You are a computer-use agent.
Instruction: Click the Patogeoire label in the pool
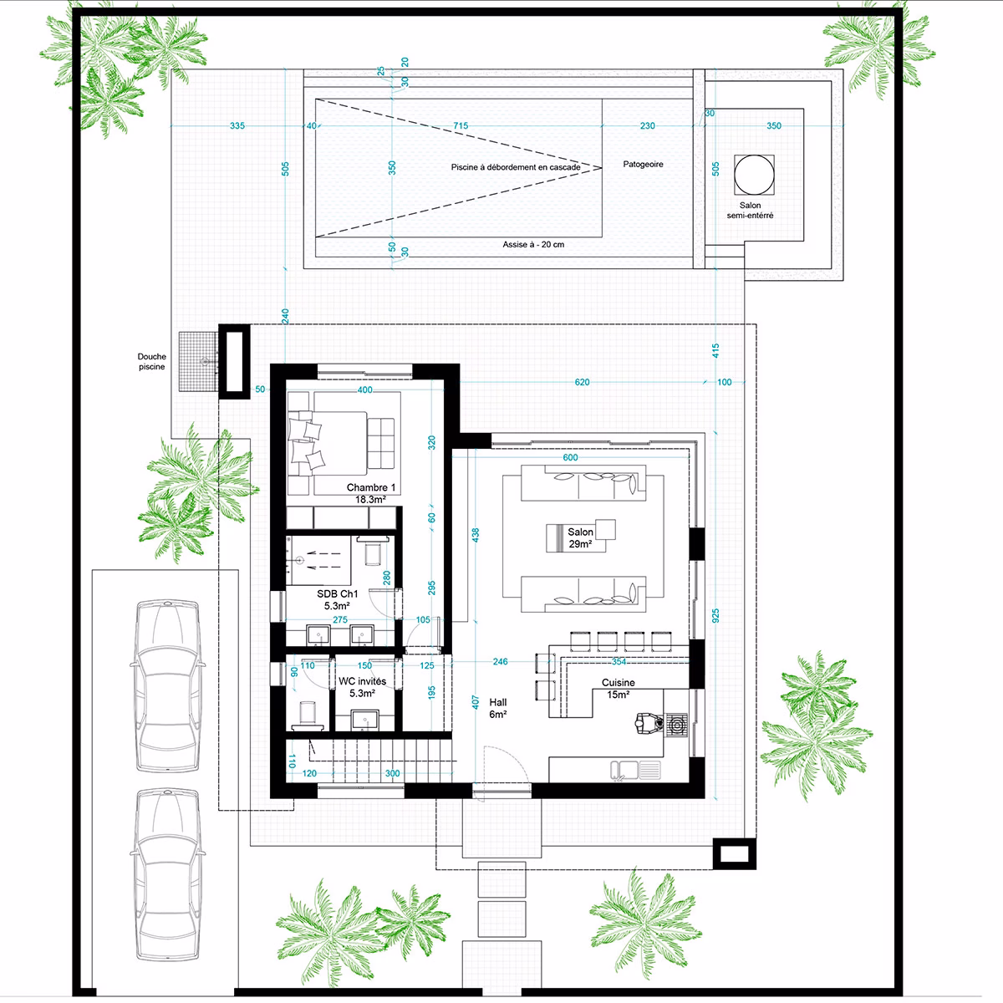tap(643, 165)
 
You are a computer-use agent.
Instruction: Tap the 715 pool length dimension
tap(461, 125)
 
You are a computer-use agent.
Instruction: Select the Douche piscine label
tap(151, 361)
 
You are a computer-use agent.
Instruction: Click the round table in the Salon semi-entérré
tap(754, 175)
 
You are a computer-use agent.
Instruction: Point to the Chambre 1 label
tap(371, 487)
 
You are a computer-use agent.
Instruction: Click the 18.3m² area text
tap(370, 500)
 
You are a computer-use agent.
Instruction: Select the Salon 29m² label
tap(580, 537)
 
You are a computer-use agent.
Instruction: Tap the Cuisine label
tap(619, 682)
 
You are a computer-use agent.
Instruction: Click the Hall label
tap(498, 702)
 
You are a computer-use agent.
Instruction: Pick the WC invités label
tap(362, 681)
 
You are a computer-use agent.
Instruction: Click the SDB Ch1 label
tap(338, 593)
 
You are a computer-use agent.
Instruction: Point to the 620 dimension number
tap(582, 382)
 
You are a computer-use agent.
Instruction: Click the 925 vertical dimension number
tap(715, 616)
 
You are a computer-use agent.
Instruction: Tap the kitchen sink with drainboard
tap(635, 770)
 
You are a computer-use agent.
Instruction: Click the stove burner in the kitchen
tap(677, 725)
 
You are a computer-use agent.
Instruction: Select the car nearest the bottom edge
tap(168, 875)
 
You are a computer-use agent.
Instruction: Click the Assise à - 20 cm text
tap(533, 244)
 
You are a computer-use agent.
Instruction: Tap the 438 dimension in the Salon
tap(476, 535)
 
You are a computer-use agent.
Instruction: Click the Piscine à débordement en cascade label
tap(516, 167)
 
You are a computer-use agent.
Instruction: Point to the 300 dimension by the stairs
tap(393, 773)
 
